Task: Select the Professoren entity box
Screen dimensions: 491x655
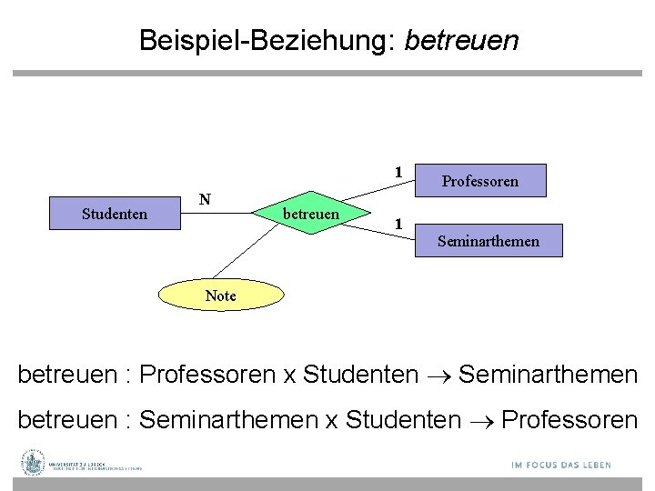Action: [479, 181]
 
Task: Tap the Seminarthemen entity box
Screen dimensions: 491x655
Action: [488, 241]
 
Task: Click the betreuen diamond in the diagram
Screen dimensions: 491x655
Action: [312, 214]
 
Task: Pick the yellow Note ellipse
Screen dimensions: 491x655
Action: [220, 296]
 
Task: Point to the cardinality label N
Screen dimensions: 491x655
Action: [206, 198]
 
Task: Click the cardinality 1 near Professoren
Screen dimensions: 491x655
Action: [398, 172]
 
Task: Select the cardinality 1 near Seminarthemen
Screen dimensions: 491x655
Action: [398, 223]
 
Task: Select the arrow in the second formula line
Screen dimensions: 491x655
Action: [481, 420]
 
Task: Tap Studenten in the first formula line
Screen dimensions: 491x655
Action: [360, 375]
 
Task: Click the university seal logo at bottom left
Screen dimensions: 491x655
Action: [33, 463]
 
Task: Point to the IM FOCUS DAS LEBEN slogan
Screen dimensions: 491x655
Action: [560, 466]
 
